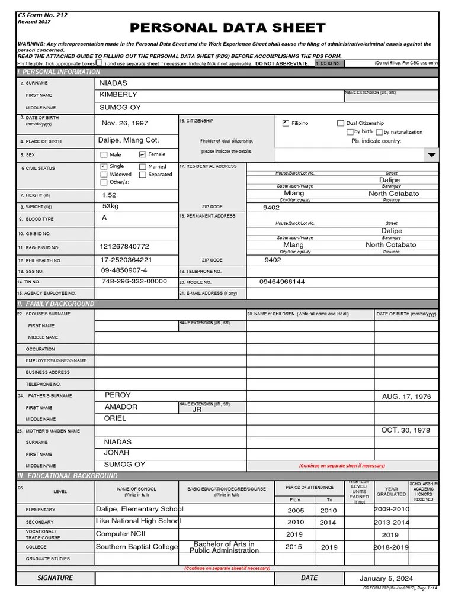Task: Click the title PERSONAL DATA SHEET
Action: click(227, 28)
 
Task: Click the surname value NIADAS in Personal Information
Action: click(113, 83)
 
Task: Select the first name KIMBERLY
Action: click(118, 95)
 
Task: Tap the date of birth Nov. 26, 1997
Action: click(125, 123)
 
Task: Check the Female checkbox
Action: click(142, 154)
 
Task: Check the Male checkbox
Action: click(104, 154)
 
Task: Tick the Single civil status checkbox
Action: click(104, 167)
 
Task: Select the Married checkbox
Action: click(142, 167)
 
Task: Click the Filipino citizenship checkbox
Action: click(286, 123)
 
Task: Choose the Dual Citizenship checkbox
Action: click(340, 123)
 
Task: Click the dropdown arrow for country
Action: click(431, 154)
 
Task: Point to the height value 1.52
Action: click(109, 195)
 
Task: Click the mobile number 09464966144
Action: click(282, 282)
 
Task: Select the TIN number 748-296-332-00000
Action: click(134, 282)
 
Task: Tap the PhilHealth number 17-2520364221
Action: click(126, 260)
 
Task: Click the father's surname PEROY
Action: click(117, 395)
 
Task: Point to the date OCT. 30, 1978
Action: click(405, 430)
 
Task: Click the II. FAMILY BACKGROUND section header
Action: click(56, 304)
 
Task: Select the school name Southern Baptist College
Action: click(137, 547)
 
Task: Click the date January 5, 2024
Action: click(386, 578)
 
